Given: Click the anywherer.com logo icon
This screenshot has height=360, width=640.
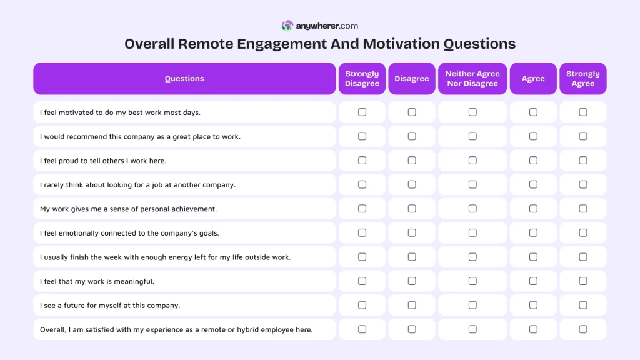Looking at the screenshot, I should pyautogui.click(x=287, y=26).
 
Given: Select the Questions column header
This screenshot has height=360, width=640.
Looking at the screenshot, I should pyautogui.click(x=184, y=79).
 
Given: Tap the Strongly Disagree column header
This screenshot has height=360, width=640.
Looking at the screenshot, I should pyautogui.click(x=362, y=79).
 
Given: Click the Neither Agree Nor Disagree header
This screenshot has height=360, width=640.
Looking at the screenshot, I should pyautogui.click(x=472, y=79).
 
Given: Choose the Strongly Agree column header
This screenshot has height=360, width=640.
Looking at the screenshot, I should pyautogui.click(x=582, y=79).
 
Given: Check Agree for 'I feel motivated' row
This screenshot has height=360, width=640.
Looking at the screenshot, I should pyautogui.click(x=533, y=112).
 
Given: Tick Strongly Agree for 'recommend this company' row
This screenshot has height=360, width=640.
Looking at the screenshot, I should pyautogui.click(x=583, y=136).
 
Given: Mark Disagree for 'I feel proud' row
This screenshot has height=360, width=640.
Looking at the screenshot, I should pyautogui.click(x=412, y=161).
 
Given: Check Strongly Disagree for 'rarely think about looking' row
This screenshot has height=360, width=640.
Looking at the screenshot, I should pyautogui.click(x=362, y=184).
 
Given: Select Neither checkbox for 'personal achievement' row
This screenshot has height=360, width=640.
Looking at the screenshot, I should pyautogui.click(x=472, y=209).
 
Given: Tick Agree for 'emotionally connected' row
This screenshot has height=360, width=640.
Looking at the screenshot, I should pyautogui.click(x=533, y=233).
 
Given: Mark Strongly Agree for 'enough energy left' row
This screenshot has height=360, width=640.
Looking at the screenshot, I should pyautogui.click(x=583, y=257).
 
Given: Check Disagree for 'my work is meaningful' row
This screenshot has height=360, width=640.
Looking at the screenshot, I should pyautogui.click(x=412, y=281).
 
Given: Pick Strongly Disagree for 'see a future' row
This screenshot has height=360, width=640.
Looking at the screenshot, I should pyautogui.click(x=362, y=305).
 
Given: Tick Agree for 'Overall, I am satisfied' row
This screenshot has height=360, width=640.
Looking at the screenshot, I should pyautogui.click(x=533, y=329).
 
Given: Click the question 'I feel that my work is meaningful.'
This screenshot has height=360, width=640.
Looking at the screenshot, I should pyautogui.click(x=97, y=281).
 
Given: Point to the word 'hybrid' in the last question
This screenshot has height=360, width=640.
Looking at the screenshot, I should pyautogui.click(x=249, y=329).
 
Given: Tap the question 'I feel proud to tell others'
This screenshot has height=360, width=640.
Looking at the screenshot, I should pyautogui.click(x=103, y=161).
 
